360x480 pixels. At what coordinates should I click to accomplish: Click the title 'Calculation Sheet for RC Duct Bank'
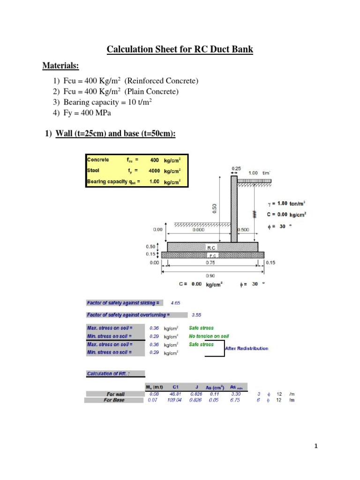[180, 49]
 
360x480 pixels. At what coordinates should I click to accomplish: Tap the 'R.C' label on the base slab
[211, 246]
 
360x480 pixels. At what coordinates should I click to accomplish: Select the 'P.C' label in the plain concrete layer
[211, 255]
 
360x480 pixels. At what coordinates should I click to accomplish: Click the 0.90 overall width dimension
[211, 276]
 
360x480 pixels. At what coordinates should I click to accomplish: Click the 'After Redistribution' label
[247, 348]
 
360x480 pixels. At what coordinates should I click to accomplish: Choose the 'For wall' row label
[115, 395]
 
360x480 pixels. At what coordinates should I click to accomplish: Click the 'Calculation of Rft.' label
[108, 374]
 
